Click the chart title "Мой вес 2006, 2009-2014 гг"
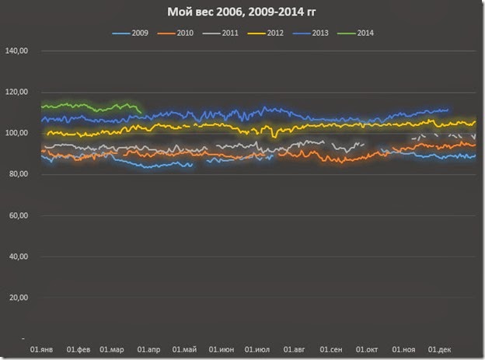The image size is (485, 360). [x=242, y=12]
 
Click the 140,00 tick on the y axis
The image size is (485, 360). [x=16, y=51]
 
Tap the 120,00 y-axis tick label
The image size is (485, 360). [x=16, y=93]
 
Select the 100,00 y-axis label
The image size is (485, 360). [x=16, y=134]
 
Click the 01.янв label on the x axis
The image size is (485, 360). [x=42, y=349]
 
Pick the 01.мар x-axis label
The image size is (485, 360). [x=112, y=349]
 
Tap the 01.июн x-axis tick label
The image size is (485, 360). [x=222, y=349]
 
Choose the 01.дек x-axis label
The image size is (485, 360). [x=441, y=349]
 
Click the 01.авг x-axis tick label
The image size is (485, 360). [x=295, y=349]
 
